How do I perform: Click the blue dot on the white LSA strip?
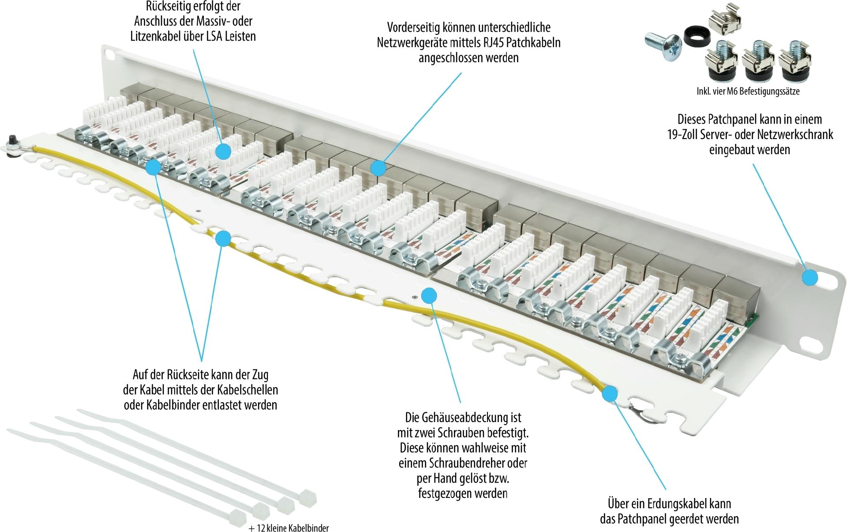(224, 151)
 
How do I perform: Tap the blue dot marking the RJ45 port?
(378, 168)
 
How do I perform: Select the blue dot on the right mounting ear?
(810, 278)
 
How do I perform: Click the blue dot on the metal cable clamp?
(153, 167)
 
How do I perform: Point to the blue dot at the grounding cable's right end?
(610, 393)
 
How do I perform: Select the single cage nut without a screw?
(724, 19)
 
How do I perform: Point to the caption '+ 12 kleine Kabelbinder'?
(289, 528)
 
